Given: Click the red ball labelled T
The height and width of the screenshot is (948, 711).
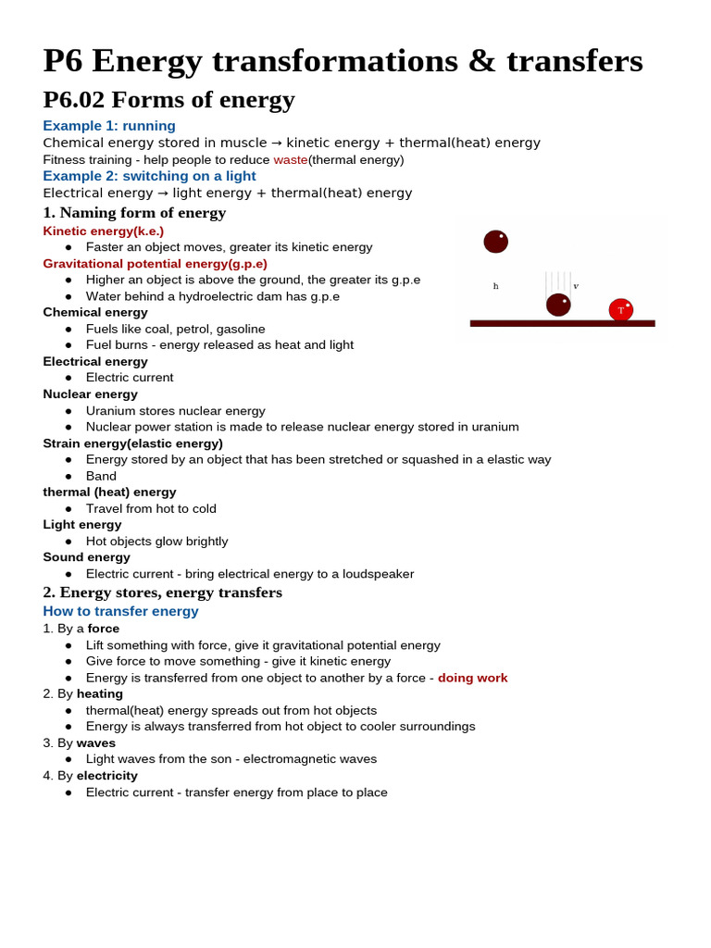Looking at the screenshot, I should (x=620, y=309).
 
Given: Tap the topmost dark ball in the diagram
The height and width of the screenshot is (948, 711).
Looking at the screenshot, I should (x=495, y=242).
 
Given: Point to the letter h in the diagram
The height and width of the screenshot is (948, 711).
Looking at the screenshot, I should (x=495, y=287).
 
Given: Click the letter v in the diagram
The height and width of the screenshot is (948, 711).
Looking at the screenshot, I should (x=576, y=286).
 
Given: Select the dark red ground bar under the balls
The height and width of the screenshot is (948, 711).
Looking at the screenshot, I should (x=562, y=323).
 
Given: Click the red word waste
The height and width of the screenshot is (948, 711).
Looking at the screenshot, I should (x=290, y=159).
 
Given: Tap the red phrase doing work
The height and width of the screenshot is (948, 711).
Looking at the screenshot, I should (x=472, y=678).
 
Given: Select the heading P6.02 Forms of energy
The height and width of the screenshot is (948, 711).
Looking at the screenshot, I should (x=168, y=100).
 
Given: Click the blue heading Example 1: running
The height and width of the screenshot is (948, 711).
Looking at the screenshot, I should (x=109, y=126).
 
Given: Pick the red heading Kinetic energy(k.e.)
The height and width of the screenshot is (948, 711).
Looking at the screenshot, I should (x=103, y=231).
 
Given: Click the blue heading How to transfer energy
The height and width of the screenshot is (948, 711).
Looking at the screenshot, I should (x=120, y=611).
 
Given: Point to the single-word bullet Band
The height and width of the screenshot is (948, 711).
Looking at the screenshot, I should (x=101, y=476).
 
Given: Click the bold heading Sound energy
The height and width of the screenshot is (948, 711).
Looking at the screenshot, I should (x=86, y=557).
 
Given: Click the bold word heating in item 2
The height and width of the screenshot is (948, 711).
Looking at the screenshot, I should (x=100, y=693).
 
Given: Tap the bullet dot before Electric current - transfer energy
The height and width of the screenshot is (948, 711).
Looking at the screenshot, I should (x=69, y=792).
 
